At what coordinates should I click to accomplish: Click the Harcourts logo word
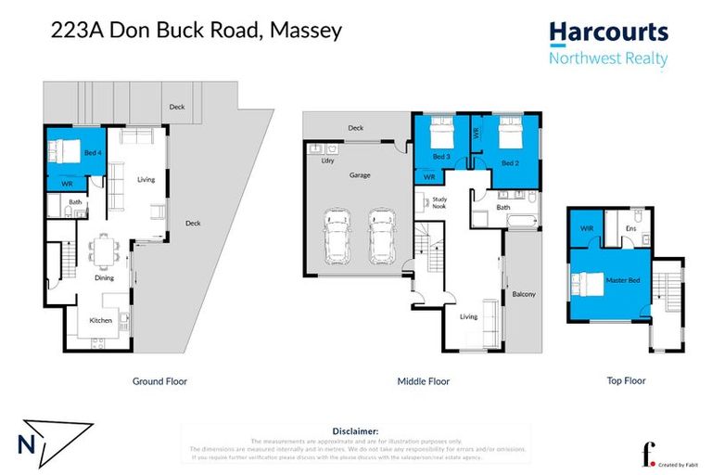[608, 32]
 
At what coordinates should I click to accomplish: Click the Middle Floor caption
[423, 381]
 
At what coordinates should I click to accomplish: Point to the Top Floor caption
[627, 380]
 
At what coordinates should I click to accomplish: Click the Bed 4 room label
[92, 150]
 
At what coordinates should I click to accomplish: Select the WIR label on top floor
[586, 227]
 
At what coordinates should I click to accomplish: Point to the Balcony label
[524, 295]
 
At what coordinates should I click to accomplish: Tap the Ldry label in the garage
[327, 160]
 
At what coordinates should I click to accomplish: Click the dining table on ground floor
[103, 250]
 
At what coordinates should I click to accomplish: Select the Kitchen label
[101, 320]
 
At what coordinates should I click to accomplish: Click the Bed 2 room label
[510, 162]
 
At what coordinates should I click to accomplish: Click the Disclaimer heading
[355, 431]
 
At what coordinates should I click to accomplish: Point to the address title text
[196, 30]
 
